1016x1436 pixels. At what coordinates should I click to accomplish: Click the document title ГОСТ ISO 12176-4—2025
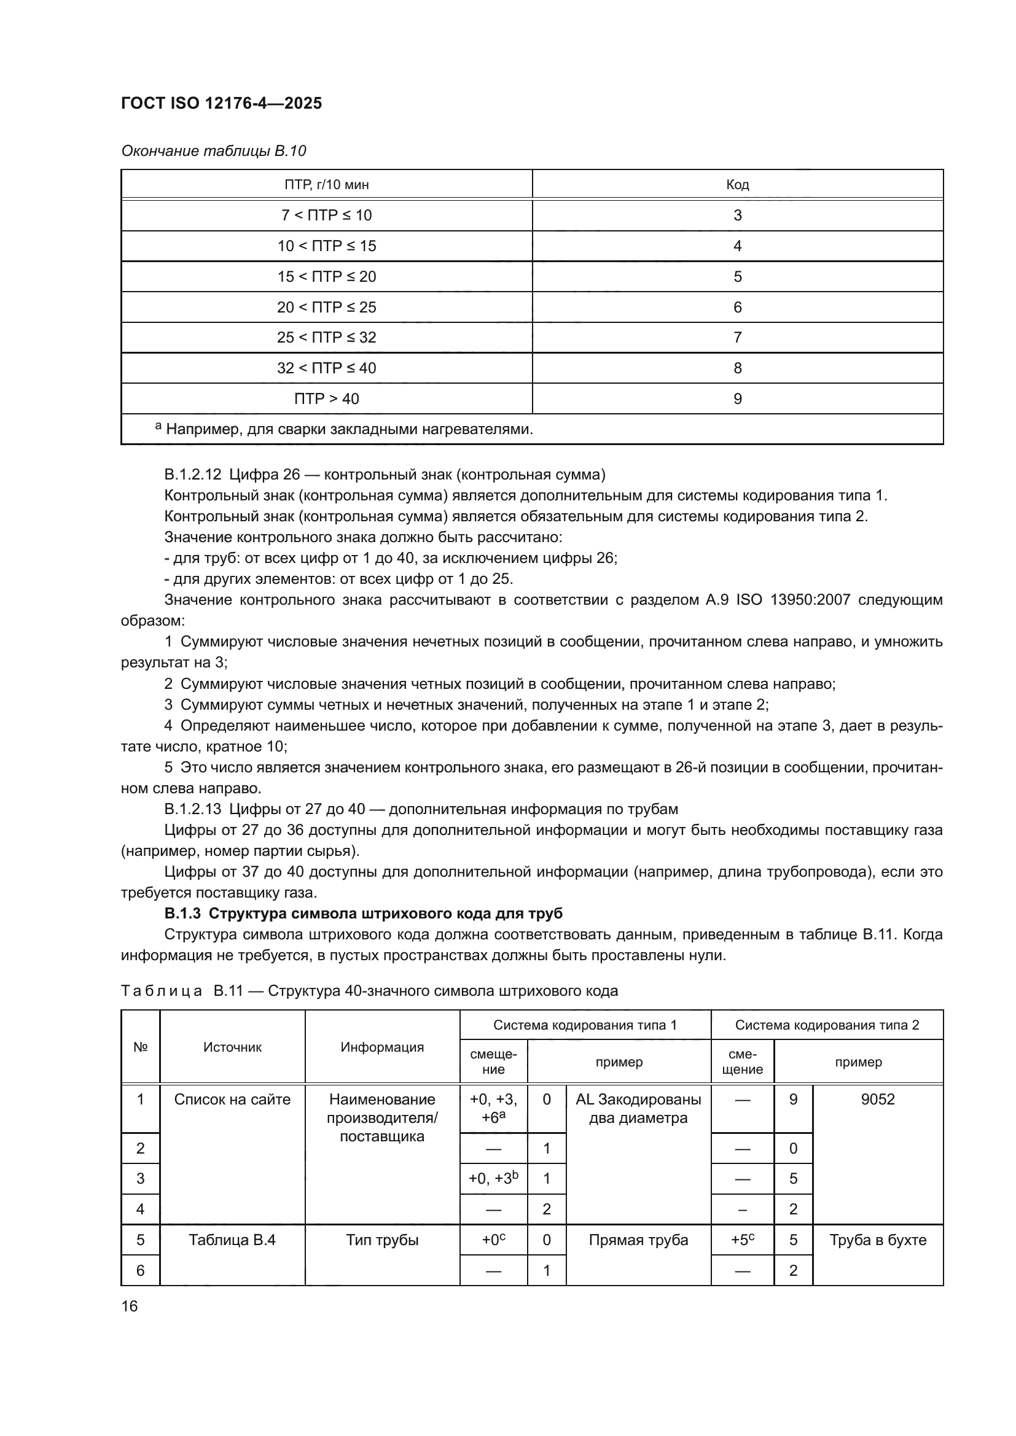point(222,103)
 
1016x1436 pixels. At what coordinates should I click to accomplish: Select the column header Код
point(737,185)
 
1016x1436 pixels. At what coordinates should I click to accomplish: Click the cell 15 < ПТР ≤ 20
point(327,276)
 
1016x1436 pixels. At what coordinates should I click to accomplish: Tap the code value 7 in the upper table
point(737,338)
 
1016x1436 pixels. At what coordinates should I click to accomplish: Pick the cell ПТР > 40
point(327,398)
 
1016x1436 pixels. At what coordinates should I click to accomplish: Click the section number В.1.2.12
point(193,475)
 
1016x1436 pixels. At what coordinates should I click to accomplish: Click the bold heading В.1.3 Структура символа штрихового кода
point(363,914)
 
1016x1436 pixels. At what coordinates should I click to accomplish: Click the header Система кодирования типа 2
point(826,1025)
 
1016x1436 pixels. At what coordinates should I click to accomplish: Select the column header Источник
point(232,1047)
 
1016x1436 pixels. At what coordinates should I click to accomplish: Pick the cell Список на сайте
point(232,1100)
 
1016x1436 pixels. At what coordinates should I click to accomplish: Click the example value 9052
point(877,1100)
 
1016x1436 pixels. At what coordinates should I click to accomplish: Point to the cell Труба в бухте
point(877,1240)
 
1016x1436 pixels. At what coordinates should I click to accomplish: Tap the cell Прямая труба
point(638,1240)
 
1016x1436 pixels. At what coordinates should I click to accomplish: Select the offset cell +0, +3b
point(493,1178)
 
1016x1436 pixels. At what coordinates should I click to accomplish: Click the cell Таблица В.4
point(232,1240)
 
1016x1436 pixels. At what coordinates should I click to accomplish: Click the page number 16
point(130,1306)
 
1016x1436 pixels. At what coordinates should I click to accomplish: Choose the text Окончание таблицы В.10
point(213,151)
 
